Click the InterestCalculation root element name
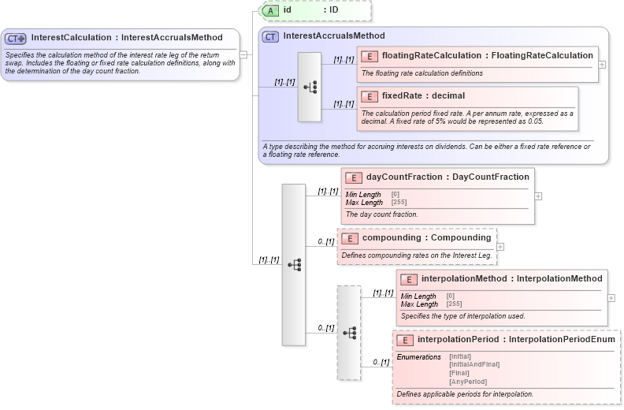coord(126,37)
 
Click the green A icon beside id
coord(270,10)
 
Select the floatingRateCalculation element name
coord(487,55)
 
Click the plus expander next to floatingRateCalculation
coord(602,65)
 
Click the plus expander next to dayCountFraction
coord(538,196)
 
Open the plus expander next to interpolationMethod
coord(611,298)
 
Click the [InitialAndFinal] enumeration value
coord(474,364)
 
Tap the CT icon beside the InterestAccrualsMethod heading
coord(270,36)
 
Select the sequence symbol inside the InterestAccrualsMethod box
coord(310,87)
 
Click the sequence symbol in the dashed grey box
coord(349,333)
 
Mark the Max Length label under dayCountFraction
coord(363,203)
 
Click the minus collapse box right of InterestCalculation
coord(244,54)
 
